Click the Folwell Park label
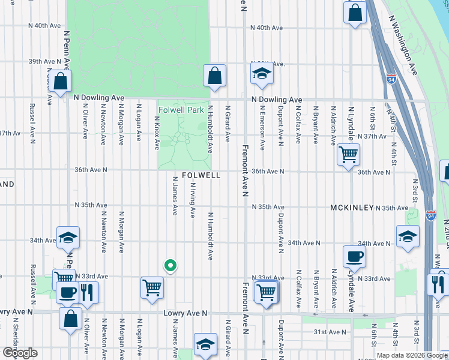(x=182, y=110)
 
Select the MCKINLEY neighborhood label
(x=352, y=207)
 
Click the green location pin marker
(x=170, y=265)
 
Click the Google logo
(x=20, y=353)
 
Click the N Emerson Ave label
(x=262, y=127)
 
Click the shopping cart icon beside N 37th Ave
(x=348, y=155)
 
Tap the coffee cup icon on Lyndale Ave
(x=354, y=256)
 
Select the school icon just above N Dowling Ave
(x=261, y=74)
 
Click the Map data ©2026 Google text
(x=411, y=355)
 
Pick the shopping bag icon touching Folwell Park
(x=214, y=76)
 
